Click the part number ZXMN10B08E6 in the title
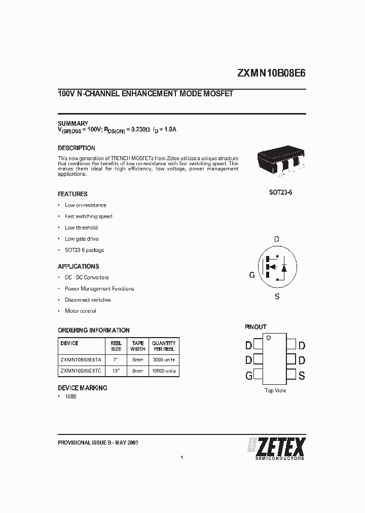(271, 72)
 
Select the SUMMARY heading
(73, 124)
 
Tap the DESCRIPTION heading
(77, 148)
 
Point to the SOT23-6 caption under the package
(280, 193)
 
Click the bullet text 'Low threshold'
(81, 228)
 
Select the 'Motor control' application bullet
(80, 311)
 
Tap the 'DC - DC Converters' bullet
(87, 277)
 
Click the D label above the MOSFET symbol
(276, 239)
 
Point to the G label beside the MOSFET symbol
(251, 275)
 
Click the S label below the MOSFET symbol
(277, 297)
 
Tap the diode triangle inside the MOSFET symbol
(284, 268)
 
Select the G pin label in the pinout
(248, 376)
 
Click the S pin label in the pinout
(302, 376)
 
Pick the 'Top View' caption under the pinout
(275, 390)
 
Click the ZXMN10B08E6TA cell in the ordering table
(81, 359)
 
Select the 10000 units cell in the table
(164, 371)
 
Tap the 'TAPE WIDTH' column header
(138, 346)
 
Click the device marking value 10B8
(70, 396)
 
